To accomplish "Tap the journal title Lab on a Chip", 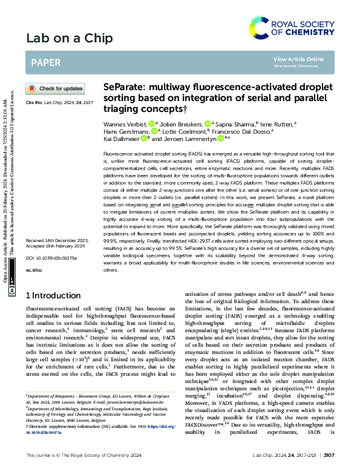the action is (x=69, y=39).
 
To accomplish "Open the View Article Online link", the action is (x=298, y=59).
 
